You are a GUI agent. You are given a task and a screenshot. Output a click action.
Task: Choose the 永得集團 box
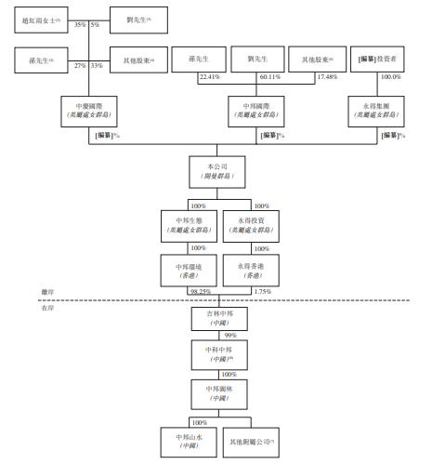coord(377,110)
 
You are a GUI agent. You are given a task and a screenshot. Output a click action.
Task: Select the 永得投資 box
coord(252,227)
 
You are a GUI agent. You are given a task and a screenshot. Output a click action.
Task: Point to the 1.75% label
coord(263,290)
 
